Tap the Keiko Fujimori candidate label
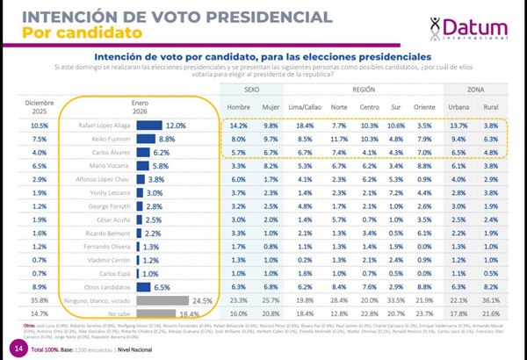107,140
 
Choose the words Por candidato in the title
70,33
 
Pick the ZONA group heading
479,90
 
